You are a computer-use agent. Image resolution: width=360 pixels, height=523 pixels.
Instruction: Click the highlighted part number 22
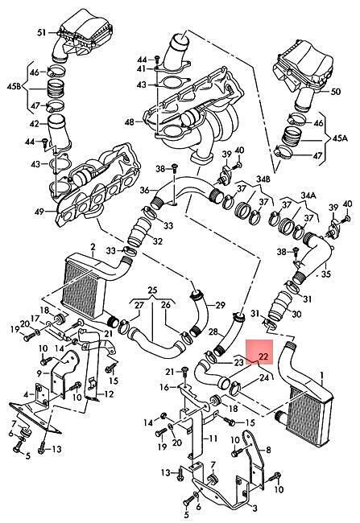click(263, 356)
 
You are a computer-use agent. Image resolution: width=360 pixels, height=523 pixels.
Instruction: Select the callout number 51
click(41, 33)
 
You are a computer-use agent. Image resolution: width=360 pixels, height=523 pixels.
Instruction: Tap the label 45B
click(14, 87)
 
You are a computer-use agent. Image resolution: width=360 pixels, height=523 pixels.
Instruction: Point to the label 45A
click(339, 138)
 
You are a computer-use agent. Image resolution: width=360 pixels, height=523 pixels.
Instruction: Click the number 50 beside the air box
click(336, 91)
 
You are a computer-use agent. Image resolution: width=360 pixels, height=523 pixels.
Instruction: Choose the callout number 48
click(129, 122)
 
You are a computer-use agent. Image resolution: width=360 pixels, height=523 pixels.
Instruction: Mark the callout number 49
click(39, 211)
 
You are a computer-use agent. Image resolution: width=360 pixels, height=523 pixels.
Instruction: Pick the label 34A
click(308, 194)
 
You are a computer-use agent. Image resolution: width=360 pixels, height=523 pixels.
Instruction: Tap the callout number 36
click(145, 190)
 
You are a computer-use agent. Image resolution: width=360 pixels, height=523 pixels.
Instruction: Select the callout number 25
click(152, 290)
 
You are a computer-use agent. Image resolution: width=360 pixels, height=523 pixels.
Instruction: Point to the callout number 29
click(221, 305)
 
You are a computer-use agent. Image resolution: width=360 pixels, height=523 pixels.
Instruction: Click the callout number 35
click(325, 274)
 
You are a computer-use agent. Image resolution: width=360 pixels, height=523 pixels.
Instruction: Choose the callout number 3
click(254, 509)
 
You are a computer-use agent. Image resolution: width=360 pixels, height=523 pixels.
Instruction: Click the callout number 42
click(35, 124)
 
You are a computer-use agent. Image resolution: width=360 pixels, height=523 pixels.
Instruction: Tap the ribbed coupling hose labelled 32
click(138, 233)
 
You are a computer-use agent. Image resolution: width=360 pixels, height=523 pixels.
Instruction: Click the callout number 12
click(109, 394)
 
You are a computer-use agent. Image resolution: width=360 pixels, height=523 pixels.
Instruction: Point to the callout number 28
click(213, 332)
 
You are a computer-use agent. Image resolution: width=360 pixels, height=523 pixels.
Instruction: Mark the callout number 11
click(213, 439)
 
